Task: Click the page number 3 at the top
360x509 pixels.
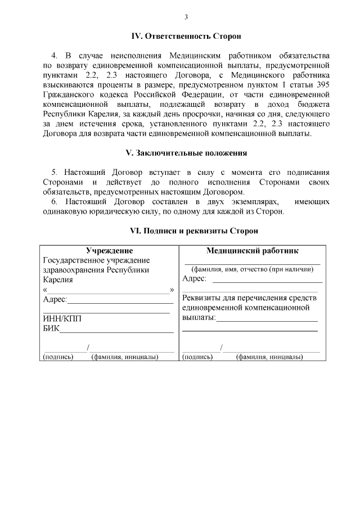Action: click(x=186, y=16)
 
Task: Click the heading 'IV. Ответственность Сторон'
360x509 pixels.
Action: click(x=186, y=36)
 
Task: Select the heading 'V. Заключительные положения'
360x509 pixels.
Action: click(x=186, y=153)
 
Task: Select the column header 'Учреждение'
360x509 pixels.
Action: click(x=109, y=250)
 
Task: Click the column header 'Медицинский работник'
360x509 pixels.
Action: click(x=253, y=250)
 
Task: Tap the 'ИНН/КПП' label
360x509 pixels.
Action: click(x=62, y=318)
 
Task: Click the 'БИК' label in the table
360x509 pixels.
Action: click(x=51, y=328)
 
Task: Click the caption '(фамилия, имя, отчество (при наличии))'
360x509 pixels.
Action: click(x=253, y=269)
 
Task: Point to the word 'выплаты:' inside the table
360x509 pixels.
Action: click(x=199, y=318)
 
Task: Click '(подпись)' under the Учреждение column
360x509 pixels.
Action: click(x=58, y=357)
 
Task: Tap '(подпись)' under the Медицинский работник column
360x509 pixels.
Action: click(x=197, y=357)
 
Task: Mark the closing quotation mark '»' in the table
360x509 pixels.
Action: click(x=172, y=290)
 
